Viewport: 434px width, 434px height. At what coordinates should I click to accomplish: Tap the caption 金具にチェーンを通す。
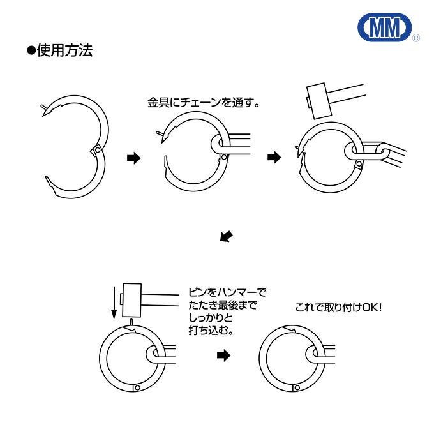(203, 102)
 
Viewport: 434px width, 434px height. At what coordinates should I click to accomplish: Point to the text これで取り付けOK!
(338, 307)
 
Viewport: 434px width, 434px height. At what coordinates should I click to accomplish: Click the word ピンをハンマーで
(227, 292)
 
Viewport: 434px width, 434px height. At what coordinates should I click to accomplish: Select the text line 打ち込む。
(211, 331)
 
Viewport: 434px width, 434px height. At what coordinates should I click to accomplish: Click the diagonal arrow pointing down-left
(226, 237)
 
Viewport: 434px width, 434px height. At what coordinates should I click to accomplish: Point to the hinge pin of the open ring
(96, 150)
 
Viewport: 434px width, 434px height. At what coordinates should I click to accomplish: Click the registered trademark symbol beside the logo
(416, 38)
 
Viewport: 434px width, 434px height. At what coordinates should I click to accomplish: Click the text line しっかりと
(211, 318)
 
